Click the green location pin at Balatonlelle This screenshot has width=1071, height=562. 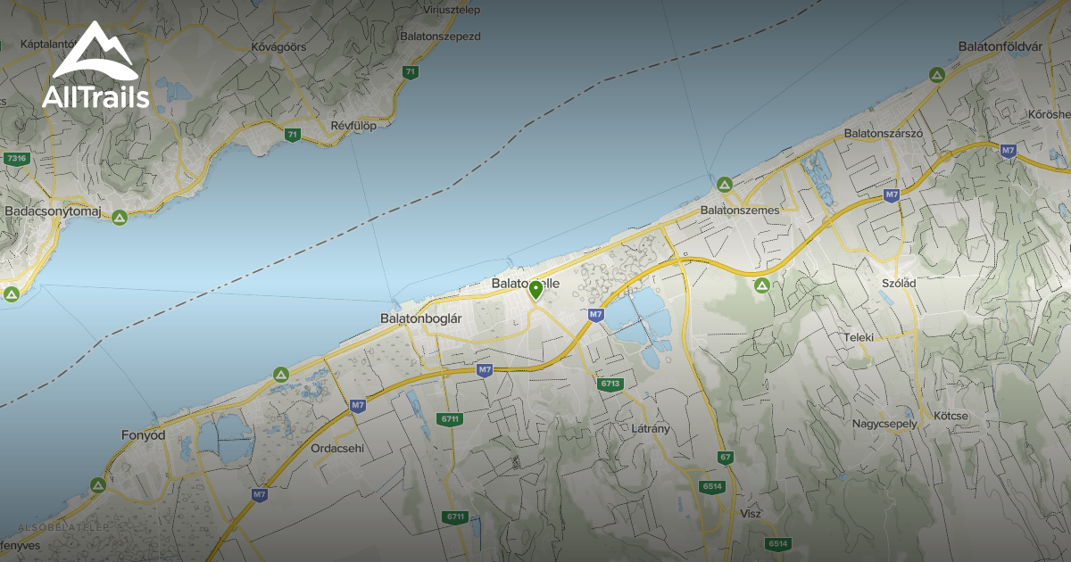click(535, 291)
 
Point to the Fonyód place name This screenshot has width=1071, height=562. click(144, 435)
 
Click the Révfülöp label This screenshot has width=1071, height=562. click(353, 126)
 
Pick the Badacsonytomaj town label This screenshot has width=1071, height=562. click(53, 211)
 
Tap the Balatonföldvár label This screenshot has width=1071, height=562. click(1000, 45)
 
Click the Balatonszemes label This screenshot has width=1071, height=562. click(740, 210)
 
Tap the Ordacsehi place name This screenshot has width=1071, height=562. click(337, 449)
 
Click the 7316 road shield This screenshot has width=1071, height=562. click(16, 159)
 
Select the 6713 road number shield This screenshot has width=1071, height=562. click(610, 384)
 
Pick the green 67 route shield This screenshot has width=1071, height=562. click(726, 458)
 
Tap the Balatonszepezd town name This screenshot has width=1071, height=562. click(441, 37)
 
